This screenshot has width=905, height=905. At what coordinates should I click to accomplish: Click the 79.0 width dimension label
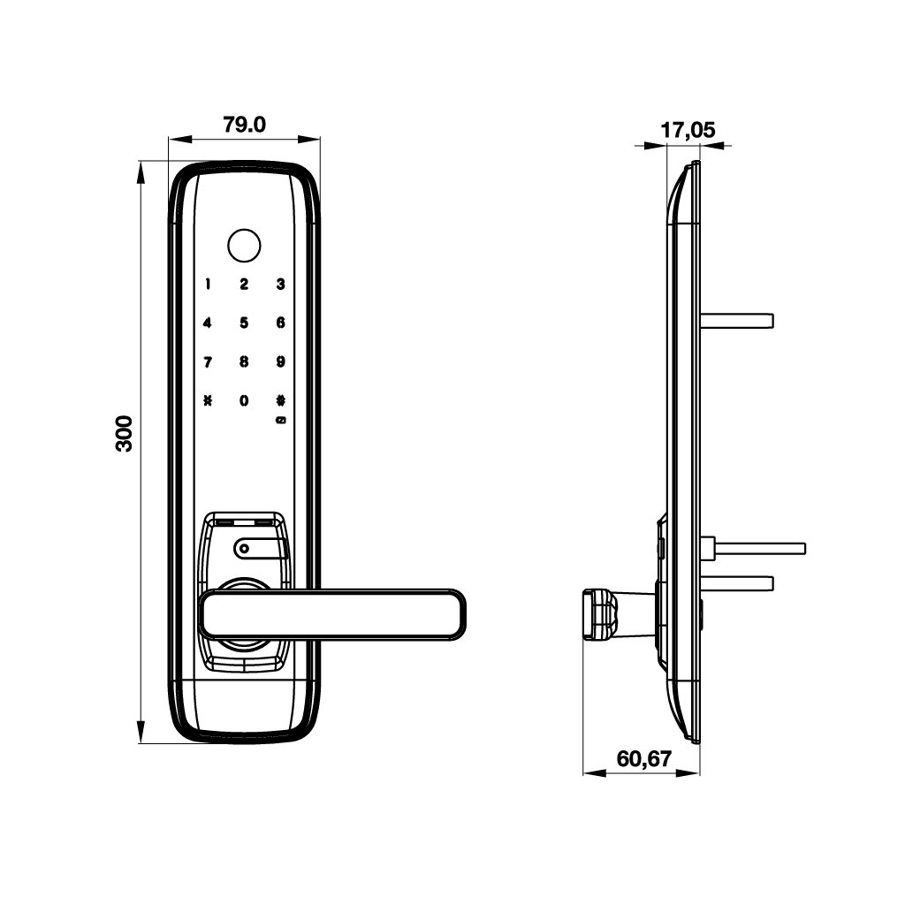coord(244,125)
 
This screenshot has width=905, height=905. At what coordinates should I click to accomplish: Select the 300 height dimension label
coord(124,433)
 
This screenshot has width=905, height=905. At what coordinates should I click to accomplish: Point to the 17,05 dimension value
coord(688,131)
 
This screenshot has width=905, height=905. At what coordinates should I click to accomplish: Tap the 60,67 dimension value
coord(644,758)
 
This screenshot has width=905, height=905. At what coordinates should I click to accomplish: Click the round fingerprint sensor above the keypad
coord(244,247)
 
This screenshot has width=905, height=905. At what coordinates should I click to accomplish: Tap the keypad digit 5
coord(244,323)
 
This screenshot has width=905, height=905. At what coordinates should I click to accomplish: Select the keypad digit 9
coord(280,361)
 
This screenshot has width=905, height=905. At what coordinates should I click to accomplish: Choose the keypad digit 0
coord(244,400)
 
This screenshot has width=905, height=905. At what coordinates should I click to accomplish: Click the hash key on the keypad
coord(281,400)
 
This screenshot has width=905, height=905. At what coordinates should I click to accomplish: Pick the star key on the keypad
coord(208,400)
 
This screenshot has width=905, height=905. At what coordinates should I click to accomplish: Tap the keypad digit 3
coord(280,284)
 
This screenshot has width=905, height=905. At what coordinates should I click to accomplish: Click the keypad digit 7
coord(208,362)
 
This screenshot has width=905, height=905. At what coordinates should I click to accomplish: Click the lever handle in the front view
coord(332,615)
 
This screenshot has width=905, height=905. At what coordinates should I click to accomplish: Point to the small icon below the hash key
coord(281,420)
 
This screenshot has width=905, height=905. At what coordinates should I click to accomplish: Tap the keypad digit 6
coord(280,323)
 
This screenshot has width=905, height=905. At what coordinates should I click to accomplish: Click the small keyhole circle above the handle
coord(244,548)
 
